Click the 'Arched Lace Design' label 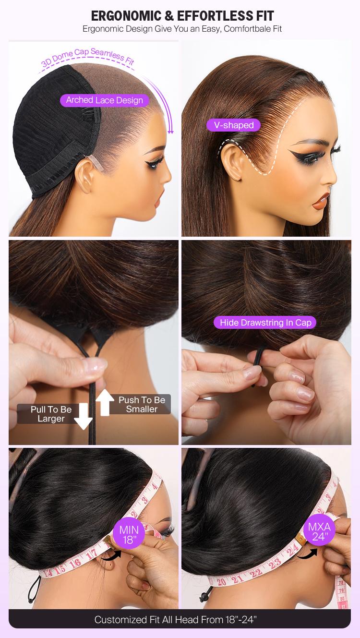(x=105, y=100)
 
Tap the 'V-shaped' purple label (x=233, y=125)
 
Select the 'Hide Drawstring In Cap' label (x=265, y=323)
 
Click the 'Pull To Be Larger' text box (x=51, y=414)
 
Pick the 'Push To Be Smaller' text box (x=142, y=404)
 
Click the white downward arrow (x=83, y=416)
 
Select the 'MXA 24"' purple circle (x=319, y=531)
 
